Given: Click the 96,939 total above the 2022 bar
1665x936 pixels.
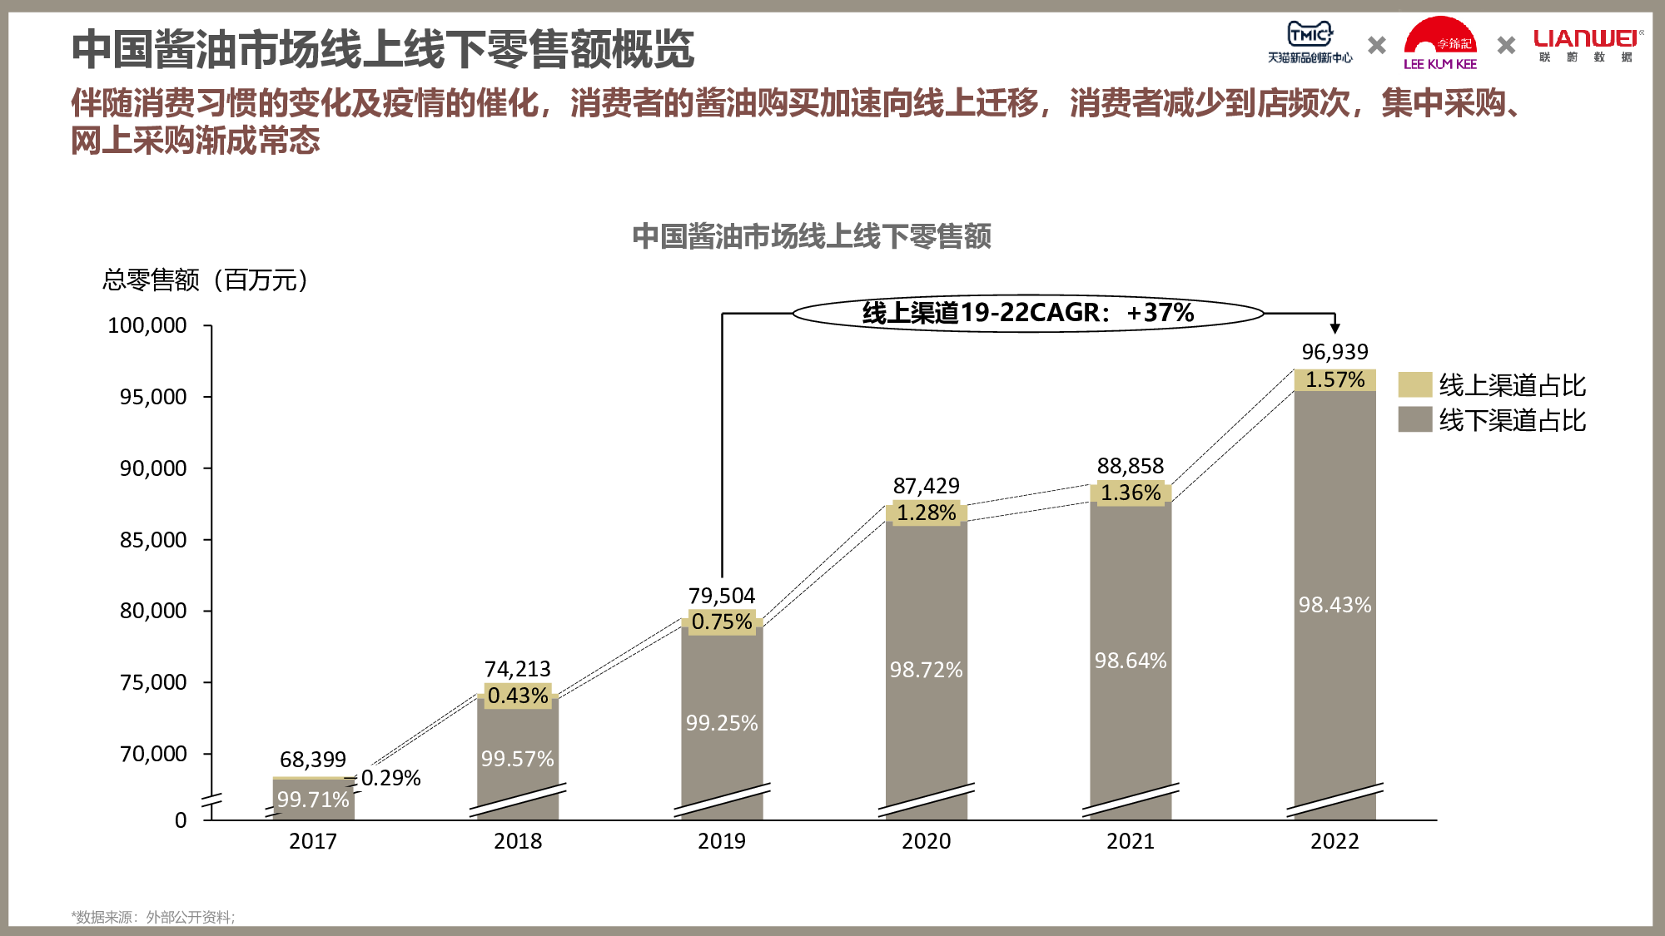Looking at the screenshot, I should (1334, 352).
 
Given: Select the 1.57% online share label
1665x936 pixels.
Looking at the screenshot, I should (1334, 380).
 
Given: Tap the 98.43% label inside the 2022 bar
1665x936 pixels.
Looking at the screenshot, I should (1334, 605).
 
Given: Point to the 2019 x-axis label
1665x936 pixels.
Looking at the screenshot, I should (722, 841).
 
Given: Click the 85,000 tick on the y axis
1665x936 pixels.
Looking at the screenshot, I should (153, 540).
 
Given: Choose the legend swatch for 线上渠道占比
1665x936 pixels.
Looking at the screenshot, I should (1414, 385).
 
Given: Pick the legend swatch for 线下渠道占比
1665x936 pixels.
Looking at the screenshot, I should (1414, 420).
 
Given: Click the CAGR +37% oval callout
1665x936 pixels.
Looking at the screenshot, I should (1027, 314).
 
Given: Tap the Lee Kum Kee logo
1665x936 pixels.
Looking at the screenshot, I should (1440, 44).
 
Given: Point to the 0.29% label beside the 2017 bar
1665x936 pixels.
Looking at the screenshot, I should (390, 778).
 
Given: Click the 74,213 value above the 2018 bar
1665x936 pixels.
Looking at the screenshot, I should (518, 669).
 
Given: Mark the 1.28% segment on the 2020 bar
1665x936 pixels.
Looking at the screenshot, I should (926, 513).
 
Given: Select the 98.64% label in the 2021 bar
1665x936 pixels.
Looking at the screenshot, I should (1131, 661).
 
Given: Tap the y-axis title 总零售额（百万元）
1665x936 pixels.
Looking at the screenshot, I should (205, 280).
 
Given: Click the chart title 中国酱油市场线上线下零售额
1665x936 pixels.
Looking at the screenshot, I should (812, 236).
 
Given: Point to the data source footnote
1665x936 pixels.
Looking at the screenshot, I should (153, 917).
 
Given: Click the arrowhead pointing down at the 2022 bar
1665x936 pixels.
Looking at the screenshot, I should (1334, 328).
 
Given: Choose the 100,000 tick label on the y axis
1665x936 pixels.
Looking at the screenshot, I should (147, 325).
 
